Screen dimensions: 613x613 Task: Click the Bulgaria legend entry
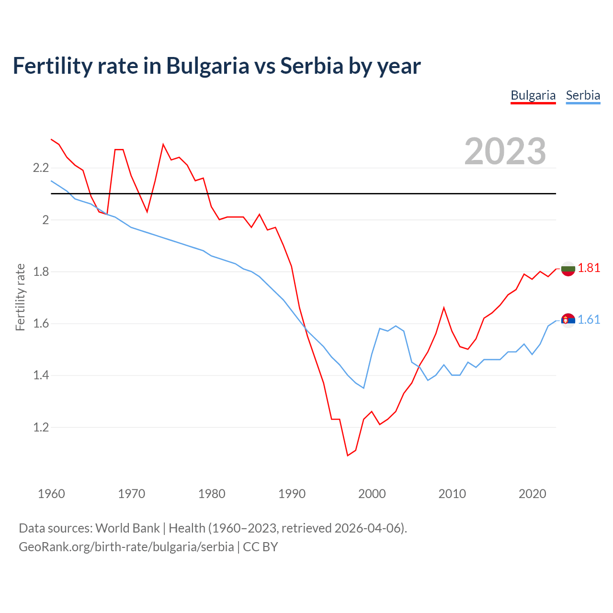coord(533,95)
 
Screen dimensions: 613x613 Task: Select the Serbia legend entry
coord(583,95)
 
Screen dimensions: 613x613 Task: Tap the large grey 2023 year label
coord(505,151)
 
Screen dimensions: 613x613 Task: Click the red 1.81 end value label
coord(589,268)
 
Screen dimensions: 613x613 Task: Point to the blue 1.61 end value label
coord(589,319)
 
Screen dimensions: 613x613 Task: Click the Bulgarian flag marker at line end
coord(568,269)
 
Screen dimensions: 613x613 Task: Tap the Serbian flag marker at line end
coord(568,320)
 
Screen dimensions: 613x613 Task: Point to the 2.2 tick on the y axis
coord(41,168)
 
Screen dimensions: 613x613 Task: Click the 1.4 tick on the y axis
coord(41,375)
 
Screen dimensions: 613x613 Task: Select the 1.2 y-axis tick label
coord(41,427)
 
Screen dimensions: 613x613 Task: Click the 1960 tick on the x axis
coord(51,494)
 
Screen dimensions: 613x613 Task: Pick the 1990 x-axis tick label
coord(292,494)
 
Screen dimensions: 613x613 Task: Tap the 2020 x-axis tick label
coord(532,494)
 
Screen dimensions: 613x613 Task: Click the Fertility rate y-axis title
coord(20,297)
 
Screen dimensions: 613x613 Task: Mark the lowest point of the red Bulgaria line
coord(348,455)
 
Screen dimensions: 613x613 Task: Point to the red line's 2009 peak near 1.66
coord(444,307)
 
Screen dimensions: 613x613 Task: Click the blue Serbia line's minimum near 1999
coord(363,388)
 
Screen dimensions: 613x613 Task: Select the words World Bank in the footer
coord(127,528)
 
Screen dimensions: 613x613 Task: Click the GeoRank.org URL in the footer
coord(126,547)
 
